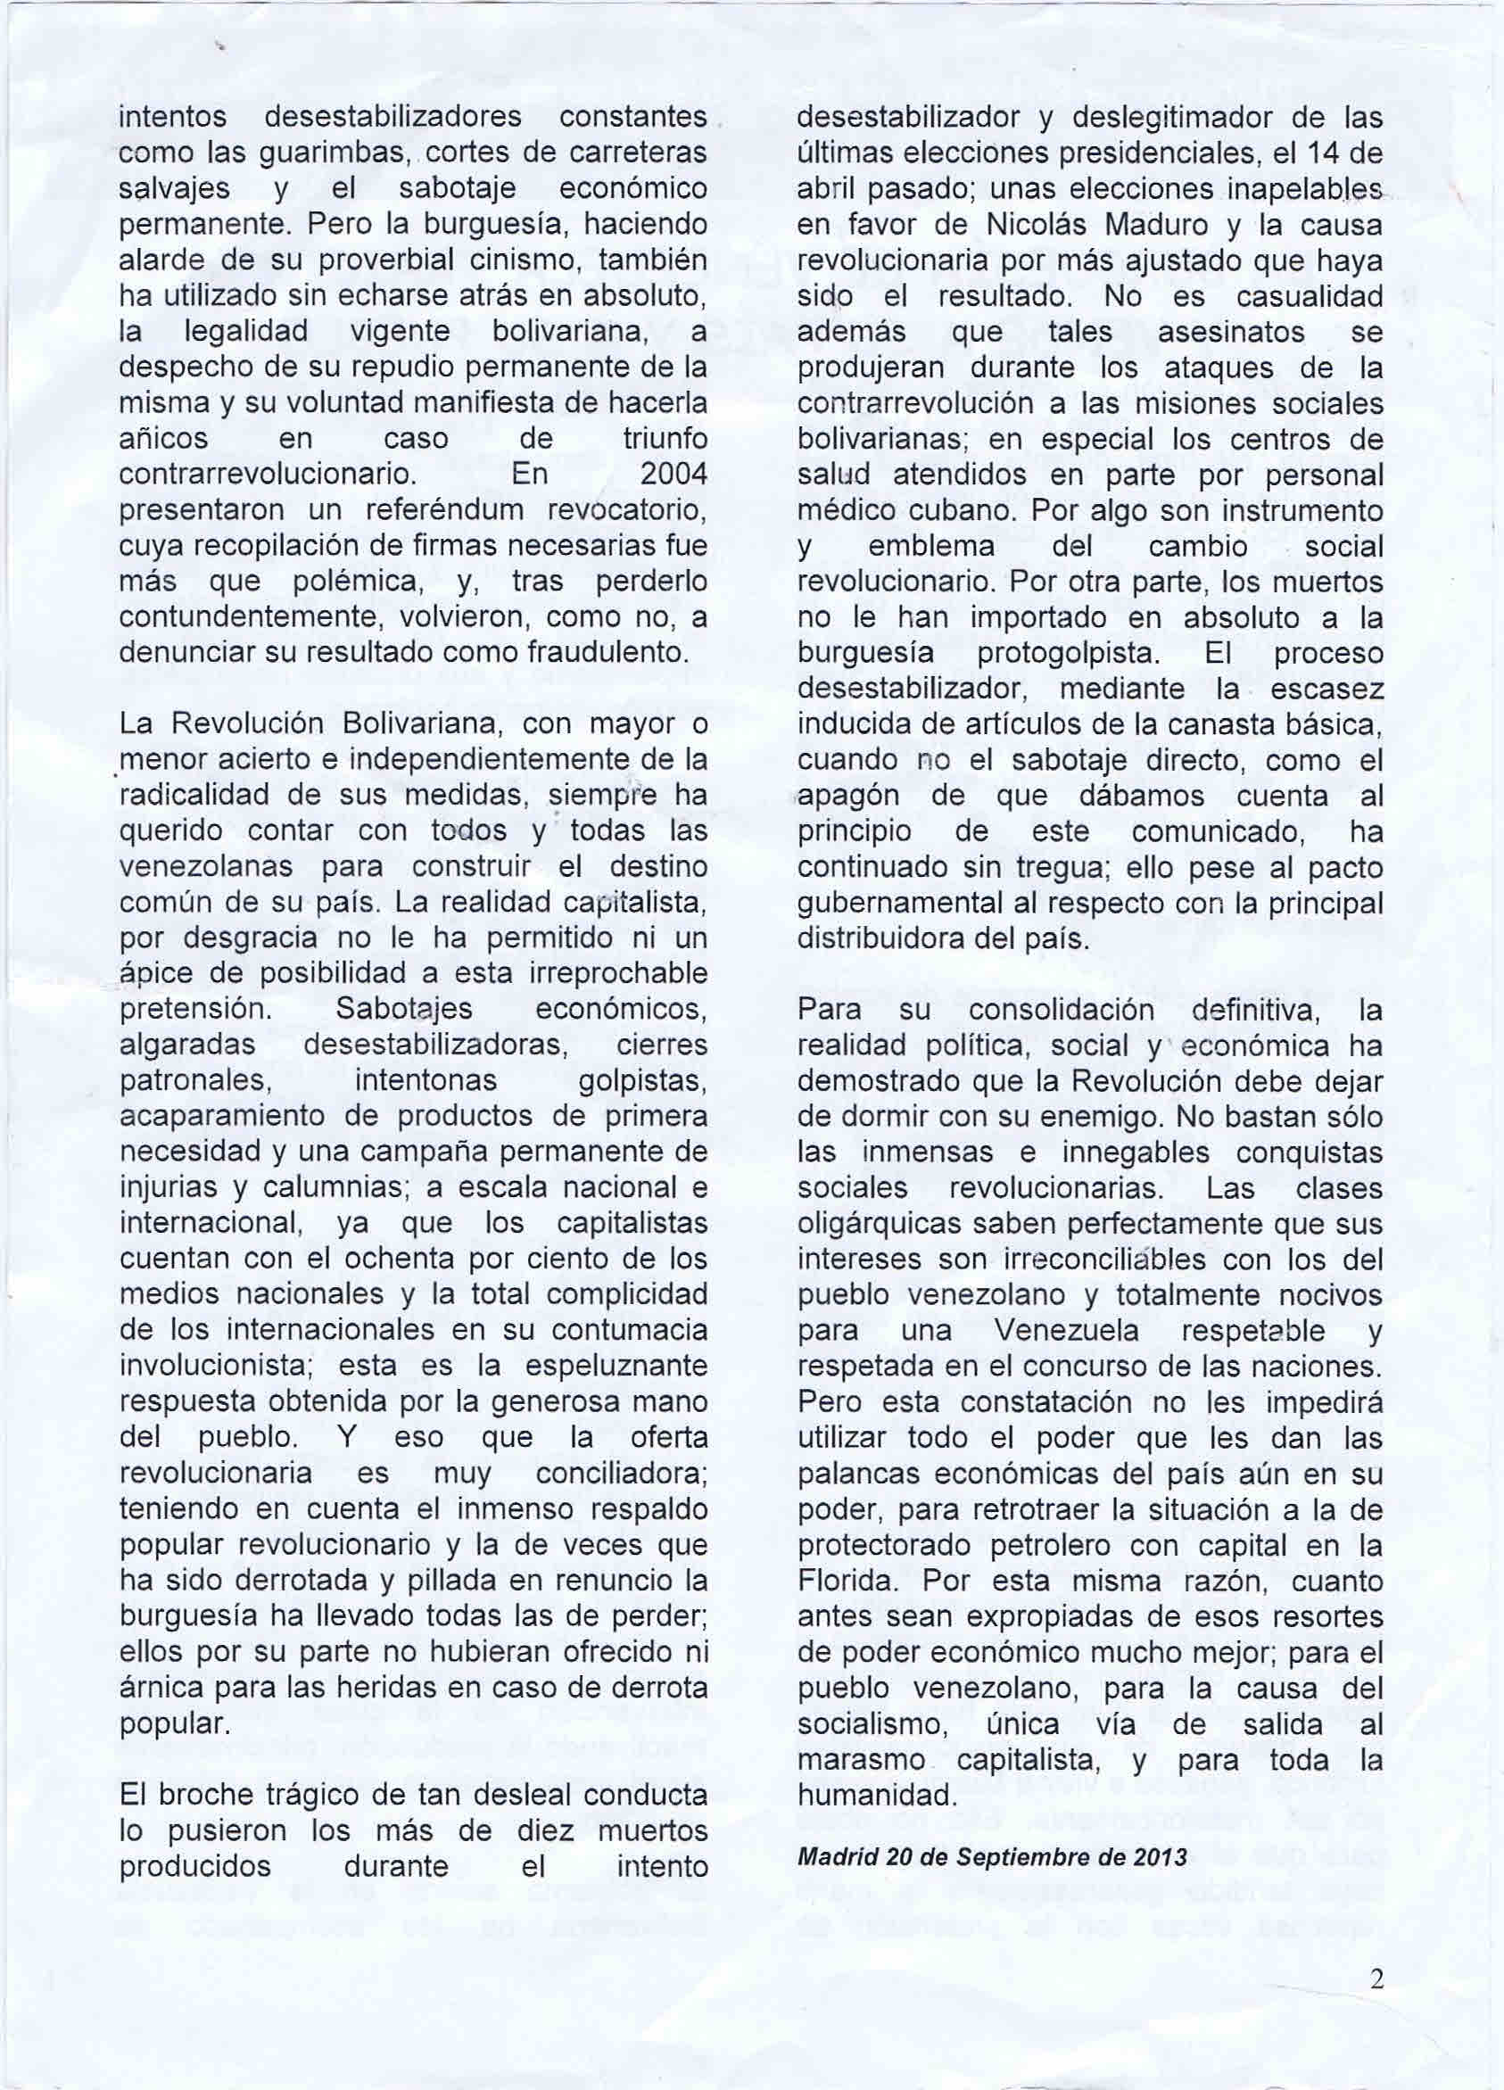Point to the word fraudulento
607,653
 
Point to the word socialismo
878,1724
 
